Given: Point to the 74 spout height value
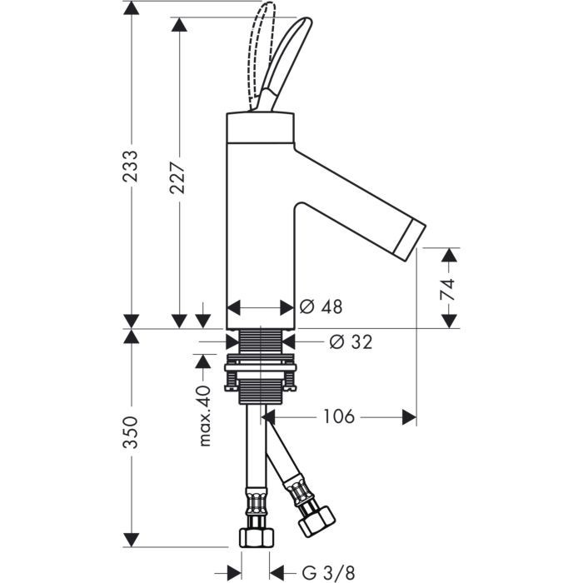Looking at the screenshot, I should pyautogui.click(x=448, y=289).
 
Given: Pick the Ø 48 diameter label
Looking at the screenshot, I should pyautogui.click(x=321, y=307).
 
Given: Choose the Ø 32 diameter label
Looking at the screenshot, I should pyautogui.click(x=350, y=341).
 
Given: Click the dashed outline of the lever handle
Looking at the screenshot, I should pyautogui.click(x=262, y=33).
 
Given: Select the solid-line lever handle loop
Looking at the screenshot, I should pyautogui.click(x=287, y=58).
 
